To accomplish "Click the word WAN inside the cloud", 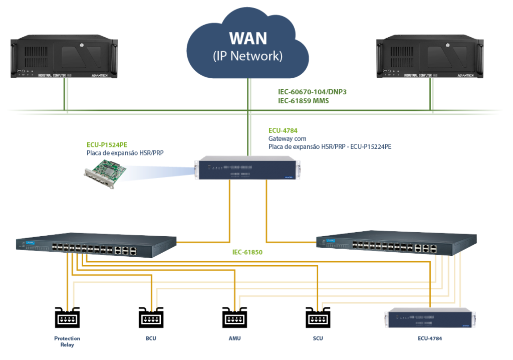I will point(248,38).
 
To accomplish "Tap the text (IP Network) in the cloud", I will point(248,56).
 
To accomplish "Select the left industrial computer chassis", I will point(64,56).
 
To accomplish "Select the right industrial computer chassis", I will point(430,57).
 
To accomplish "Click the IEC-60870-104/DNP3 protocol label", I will point(312,92).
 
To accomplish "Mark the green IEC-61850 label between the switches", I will point(247,252).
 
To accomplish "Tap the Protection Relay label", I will point(67,341).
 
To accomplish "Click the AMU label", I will point(234,338).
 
